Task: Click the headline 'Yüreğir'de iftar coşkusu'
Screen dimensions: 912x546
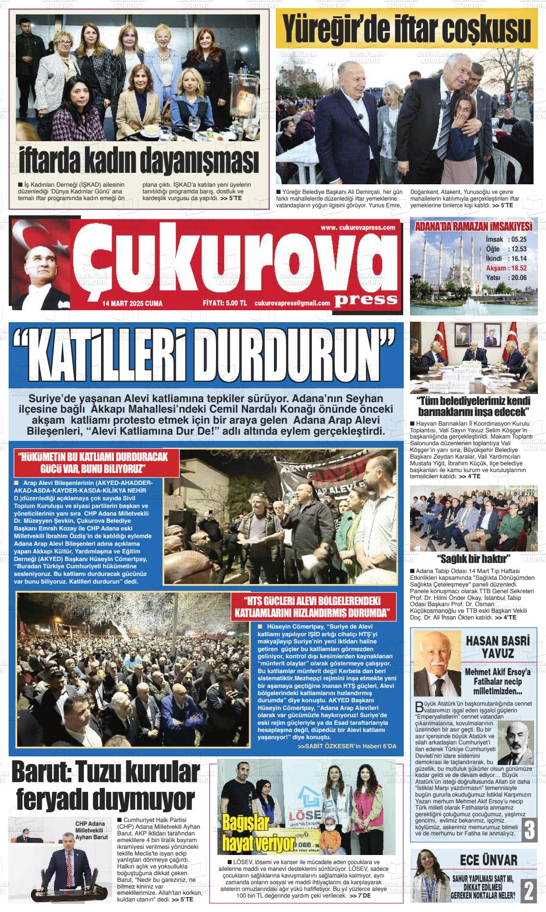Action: pos(406,30)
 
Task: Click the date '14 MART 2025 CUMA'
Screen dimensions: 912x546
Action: pos(132,304)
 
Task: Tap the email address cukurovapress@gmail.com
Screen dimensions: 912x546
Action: pos(292,303)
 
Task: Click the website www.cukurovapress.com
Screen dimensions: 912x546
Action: pos(358,227)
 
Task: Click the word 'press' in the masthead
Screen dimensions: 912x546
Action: pos(366,300)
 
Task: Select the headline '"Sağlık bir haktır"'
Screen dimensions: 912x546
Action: pos(474,559)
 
